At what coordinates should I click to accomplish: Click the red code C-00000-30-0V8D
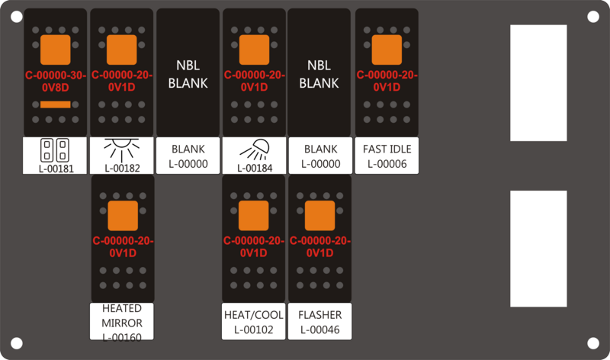pos(56,82)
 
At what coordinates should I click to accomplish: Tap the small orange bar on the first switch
pos(56,104)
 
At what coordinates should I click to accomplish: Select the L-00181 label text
pos(56,169)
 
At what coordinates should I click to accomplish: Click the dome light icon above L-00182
pos(122,150)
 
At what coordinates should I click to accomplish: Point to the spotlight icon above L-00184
pos(255,149)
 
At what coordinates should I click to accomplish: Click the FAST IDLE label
pos(387,149)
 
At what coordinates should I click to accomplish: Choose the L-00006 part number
pos(387,164)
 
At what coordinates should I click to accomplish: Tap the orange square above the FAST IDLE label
pos(387,50)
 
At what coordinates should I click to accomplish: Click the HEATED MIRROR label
pos(122,316)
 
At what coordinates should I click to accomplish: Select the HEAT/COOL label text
pos(254,315)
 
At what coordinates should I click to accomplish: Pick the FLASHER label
pos(320,315)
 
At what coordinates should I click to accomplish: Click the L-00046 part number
pos(320,329)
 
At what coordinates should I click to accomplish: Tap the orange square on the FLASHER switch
pos(319,216)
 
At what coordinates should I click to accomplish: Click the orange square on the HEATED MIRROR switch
pos(123,216)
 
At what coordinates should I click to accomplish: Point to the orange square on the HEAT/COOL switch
pos(253,216)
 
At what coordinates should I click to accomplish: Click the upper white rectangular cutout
pos(538,83)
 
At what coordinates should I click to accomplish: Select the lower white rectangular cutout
pos(538,249)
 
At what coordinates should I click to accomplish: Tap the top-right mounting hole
pos(593,17)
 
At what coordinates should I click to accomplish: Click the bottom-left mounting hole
pos(16,343)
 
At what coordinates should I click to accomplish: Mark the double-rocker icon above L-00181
pos(55,150)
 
